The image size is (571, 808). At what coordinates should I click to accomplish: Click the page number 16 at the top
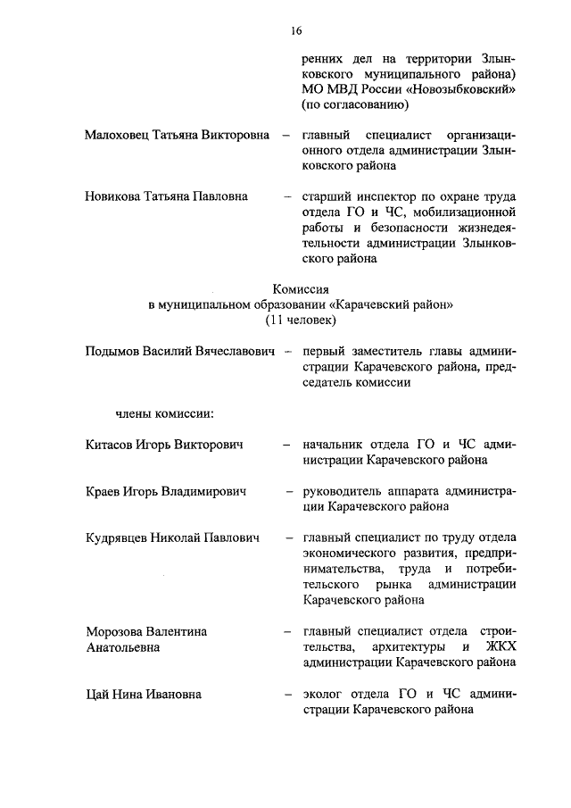pyautogui.click(x=295, y=31)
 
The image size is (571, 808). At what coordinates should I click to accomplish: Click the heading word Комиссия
pyautogui.click(x=301, y=287)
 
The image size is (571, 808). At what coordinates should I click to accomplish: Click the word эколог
pyautogui.click(x=325, y=694)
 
